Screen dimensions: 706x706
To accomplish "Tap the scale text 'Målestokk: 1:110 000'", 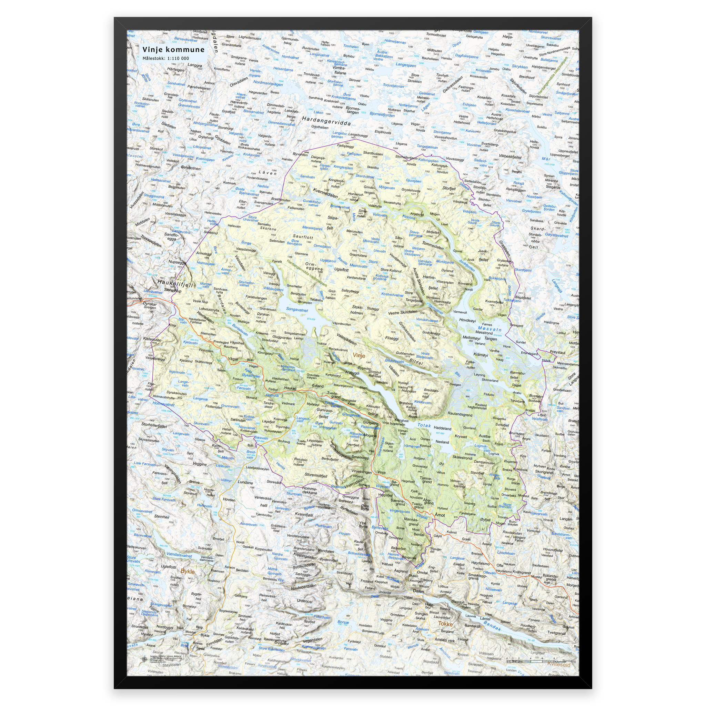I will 165,59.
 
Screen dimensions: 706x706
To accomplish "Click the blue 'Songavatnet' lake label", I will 297,310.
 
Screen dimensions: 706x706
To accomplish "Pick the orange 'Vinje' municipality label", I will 359,355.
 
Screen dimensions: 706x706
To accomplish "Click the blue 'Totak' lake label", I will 424,426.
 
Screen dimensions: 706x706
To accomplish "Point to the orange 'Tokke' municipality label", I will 445,624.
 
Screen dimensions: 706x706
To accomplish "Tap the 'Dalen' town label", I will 418,591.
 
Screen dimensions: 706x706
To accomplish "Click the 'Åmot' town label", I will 440,515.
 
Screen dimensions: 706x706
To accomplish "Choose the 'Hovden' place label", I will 229,500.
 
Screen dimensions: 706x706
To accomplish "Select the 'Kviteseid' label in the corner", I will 558,664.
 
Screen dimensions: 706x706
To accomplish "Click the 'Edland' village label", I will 317,386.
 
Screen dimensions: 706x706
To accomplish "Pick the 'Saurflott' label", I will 303,237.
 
